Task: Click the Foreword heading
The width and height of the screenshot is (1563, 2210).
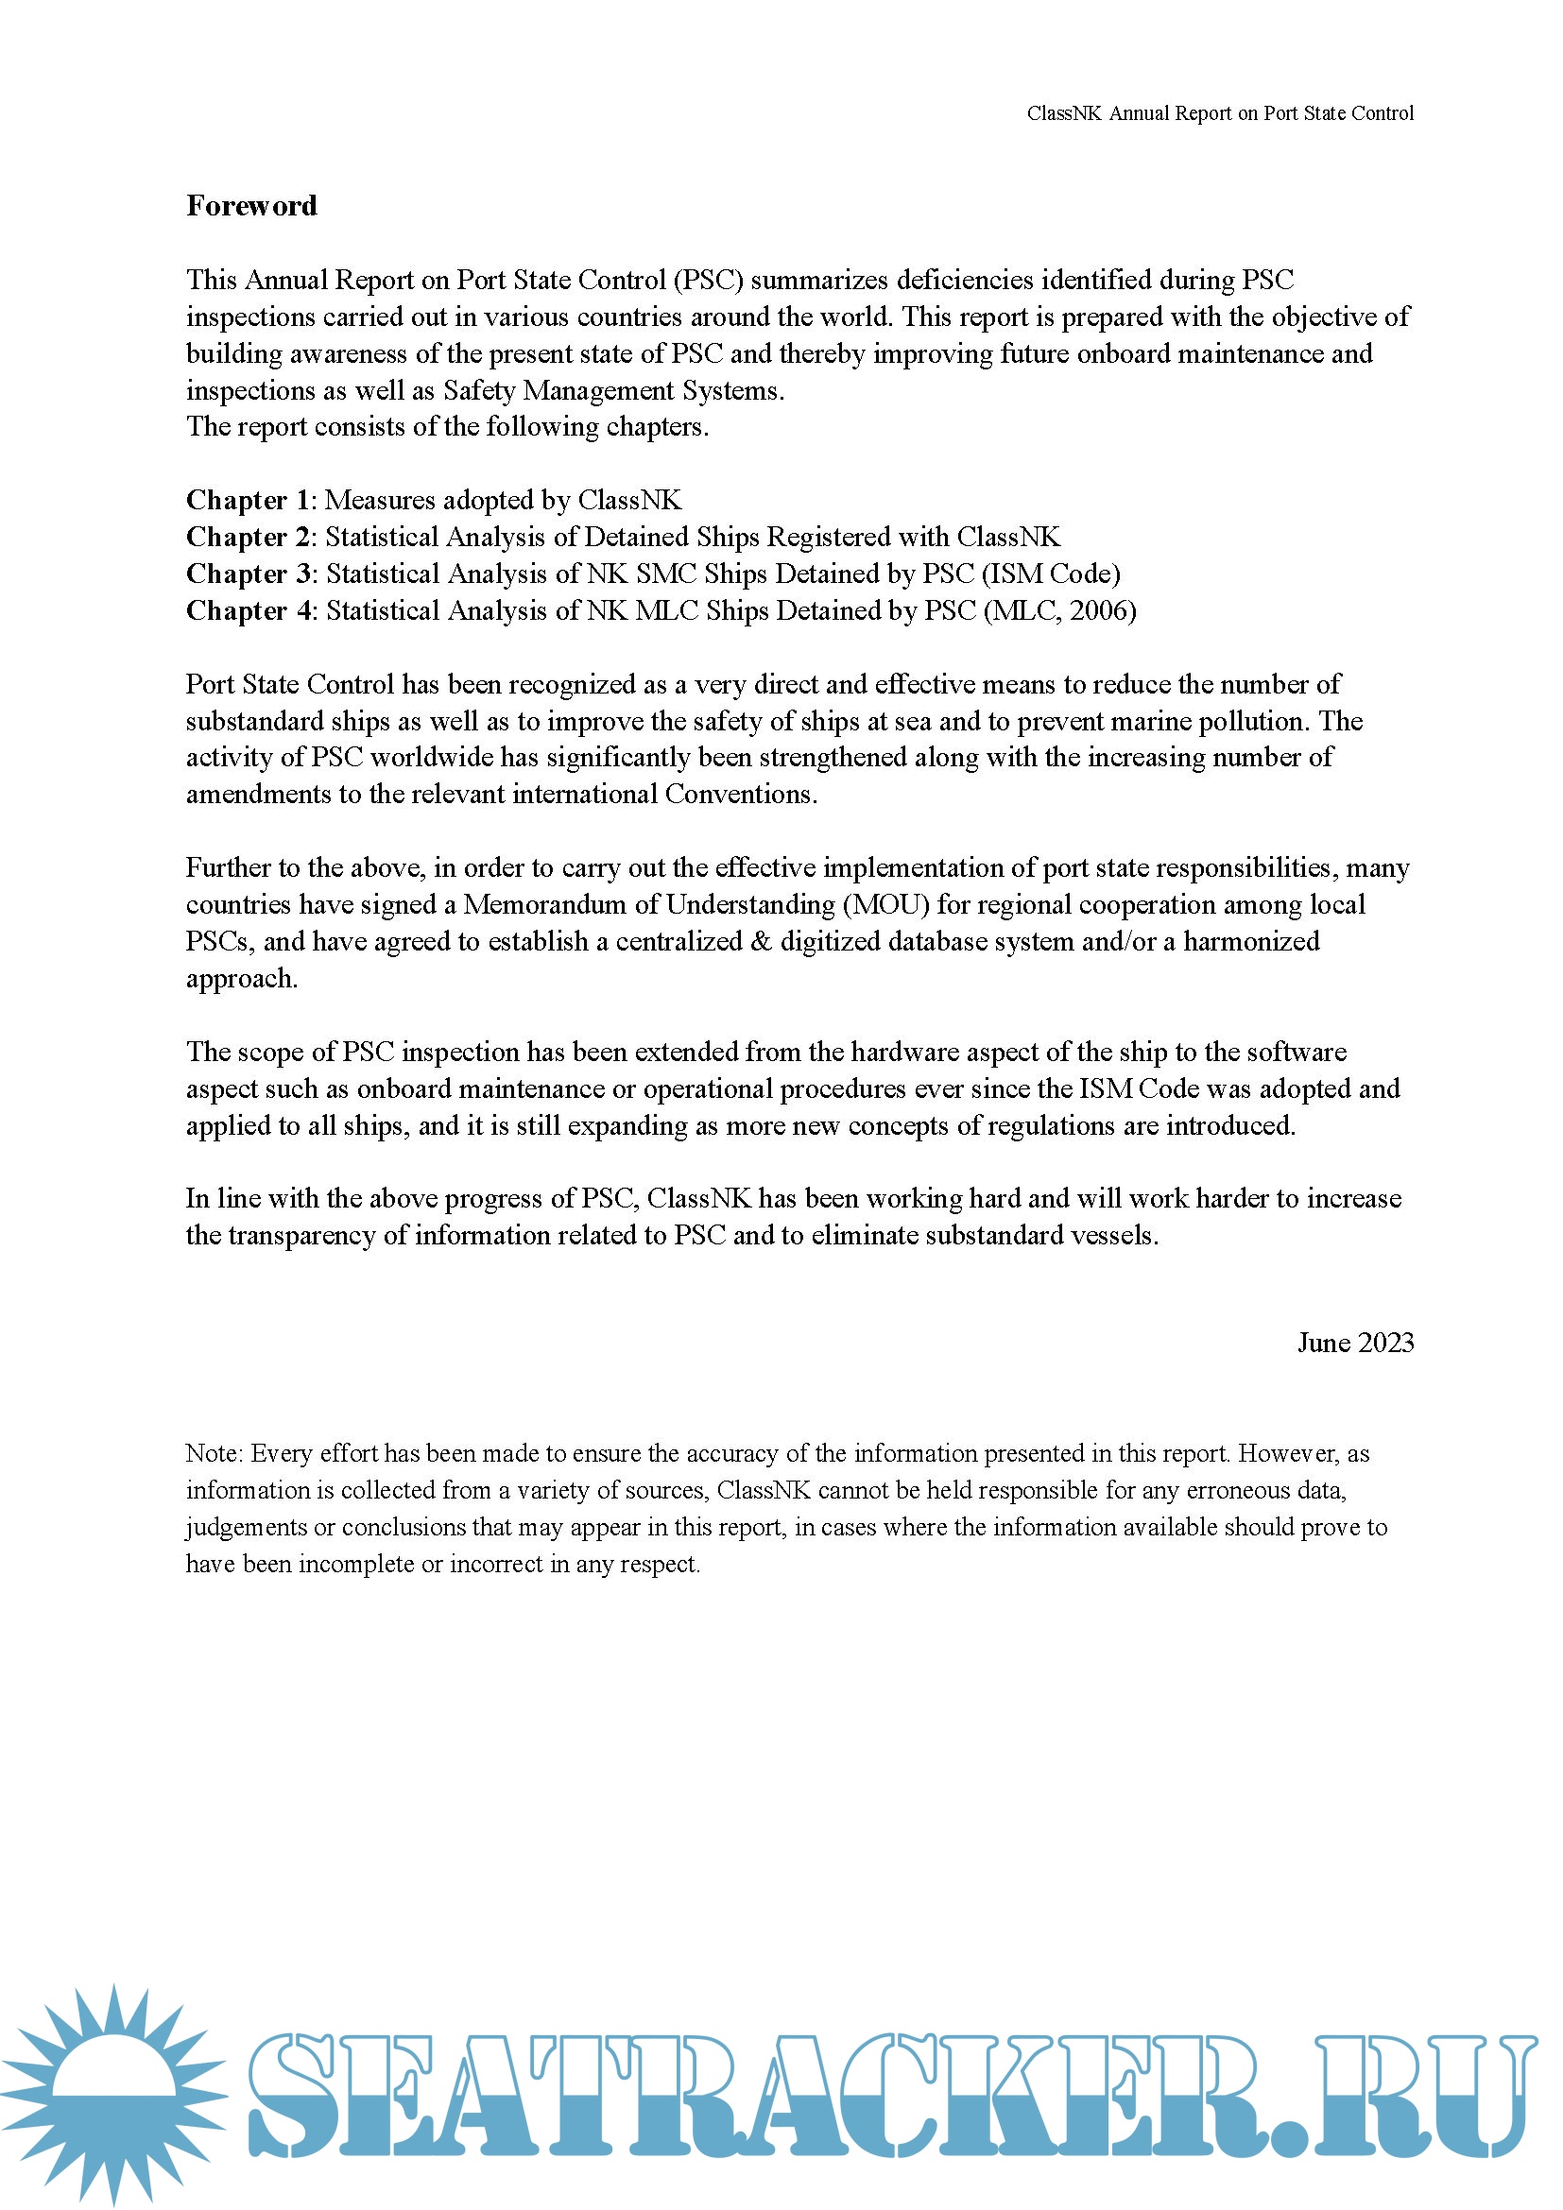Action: (251, 206)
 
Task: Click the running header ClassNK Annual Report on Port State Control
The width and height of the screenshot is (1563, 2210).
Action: (1219, 113)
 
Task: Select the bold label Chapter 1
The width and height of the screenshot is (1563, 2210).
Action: (248, 501)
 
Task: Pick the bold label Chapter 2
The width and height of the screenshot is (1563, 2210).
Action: (248, 537)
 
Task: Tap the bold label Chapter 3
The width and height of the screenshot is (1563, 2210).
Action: (249, 574)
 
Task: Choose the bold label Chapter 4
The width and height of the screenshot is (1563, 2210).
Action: (249, 610)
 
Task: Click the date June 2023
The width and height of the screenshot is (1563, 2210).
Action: (1355, 1343)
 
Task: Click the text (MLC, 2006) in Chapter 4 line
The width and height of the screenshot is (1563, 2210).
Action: (1059, 610)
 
